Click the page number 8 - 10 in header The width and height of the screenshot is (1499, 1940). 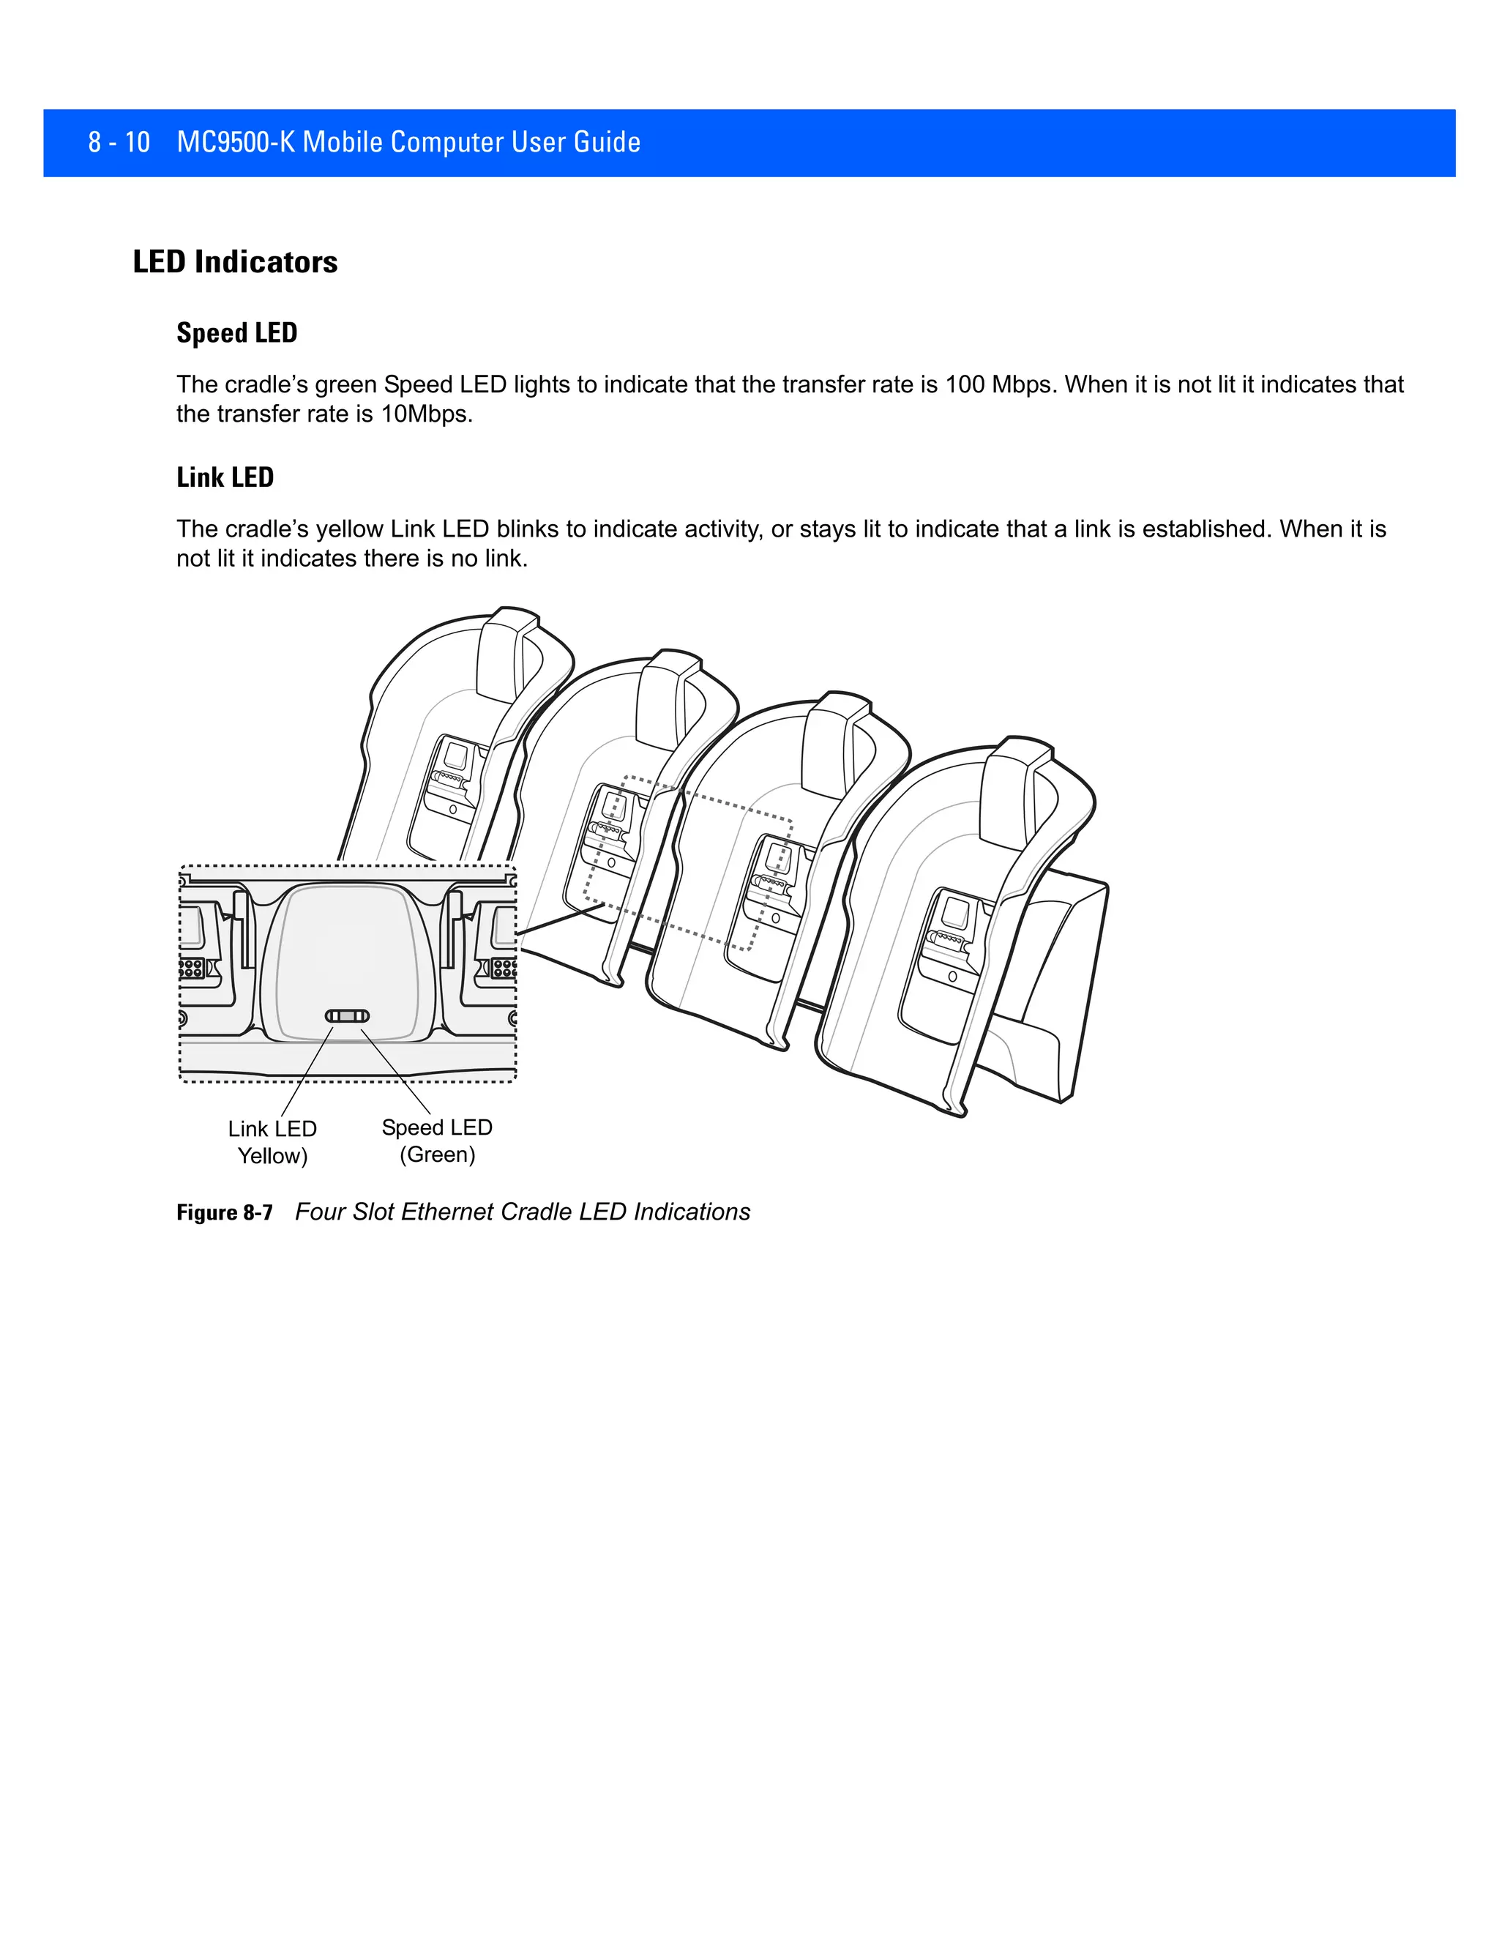(x=119, y=142)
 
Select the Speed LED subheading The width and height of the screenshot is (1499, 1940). (x=236, y=333)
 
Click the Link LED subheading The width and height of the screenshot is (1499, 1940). (x=225, y=478)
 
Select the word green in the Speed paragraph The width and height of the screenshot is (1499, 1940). (x=346, y=384)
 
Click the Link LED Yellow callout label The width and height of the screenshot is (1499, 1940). (x=272, y=1141)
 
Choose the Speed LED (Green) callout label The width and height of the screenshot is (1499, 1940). (x=437, y=1141)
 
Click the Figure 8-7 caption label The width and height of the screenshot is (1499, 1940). (x=224, y=1212)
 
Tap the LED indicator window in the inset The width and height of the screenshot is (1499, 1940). (x=347, y=1016)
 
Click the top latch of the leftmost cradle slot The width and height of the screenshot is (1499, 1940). (x=507, y=653)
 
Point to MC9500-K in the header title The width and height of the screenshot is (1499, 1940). (x=236, y=142)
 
